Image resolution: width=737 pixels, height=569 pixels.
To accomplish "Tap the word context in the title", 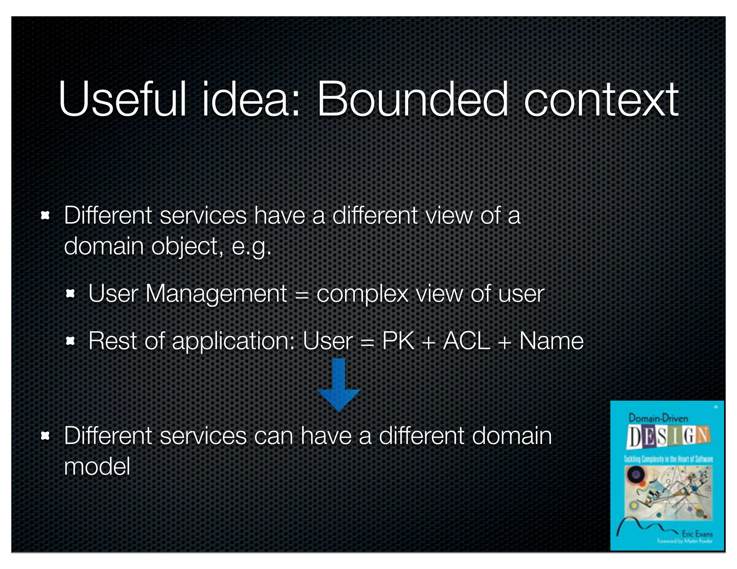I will (x=601, y=100).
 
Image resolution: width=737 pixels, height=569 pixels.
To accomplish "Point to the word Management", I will (x=216, y=294).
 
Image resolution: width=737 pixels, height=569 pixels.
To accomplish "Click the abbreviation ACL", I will (x=466, y=341).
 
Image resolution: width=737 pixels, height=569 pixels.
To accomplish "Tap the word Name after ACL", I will (x=551, y=341).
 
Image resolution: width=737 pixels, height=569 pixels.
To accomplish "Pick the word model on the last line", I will (x=97, y=466).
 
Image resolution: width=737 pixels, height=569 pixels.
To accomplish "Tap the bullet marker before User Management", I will (x=71, y=294).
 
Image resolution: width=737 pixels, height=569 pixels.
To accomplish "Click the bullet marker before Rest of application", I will (x=71, y=341).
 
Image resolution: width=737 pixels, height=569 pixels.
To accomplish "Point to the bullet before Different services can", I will (x=45, y=436).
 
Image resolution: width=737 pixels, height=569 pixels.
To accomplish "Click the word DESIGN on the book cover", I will (x=668, y=436).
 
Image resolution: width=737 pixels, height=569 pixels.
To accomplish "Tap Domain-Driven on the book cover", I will (x=658, y=418).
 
